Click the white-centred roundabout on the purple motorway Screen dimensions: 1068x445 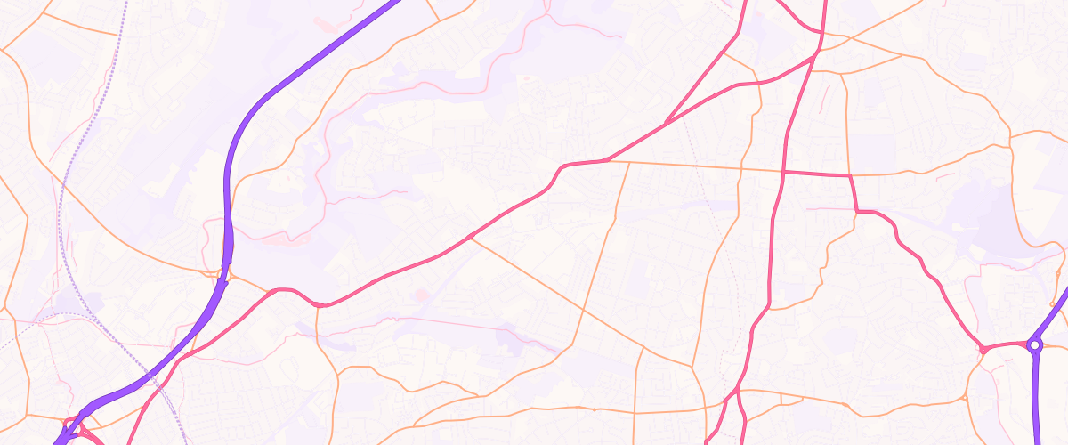1034,344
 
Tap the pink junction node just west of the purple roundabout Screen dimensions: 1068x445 983,349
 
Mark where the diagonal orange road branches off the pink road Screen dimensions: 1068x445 470,237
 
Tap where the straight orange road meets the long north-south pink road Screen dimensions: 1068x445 783,170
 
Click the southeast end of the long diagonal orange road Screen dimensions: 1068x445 693,366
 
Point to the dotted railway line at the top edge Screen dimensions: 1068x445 125,3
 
